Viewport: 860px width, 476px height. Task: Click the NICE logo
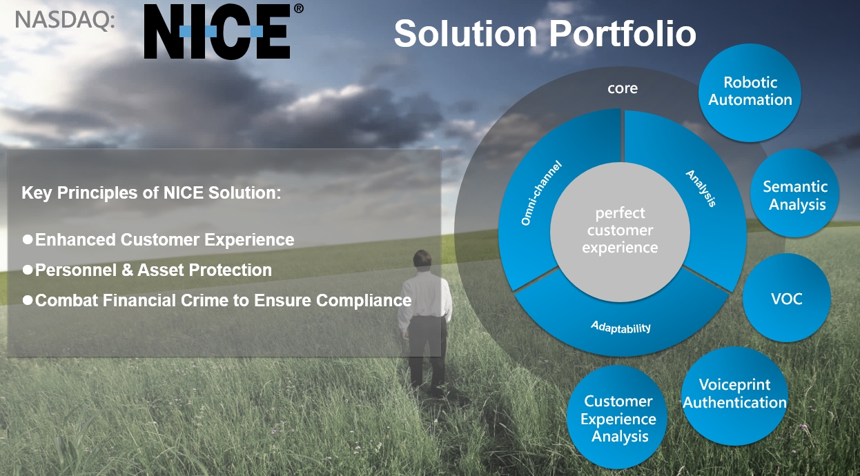217,32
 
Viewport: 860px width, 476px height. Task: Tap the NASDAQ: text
65,20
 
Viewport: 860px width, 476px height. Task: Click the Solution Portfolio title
545,34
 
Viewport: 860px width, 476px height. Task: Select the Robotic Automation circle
750,92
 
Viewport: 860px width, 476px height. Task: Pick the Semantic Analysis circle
794,193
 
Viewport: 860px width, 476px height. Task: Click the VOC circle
787,298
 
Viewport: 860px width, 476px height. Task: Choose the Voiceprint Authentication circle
735,396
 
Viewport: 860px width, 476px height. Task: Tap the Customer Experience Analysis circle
617,417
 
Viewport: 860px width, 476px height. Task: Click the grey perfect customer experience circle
620,232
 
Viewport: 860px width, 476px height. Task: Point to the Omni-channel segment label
541,193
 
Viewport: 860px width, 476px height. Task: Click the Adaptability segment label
620,327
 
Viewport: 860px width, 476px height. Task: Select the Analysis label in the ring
701,188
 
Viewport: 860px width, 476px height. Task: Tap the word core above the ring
623,89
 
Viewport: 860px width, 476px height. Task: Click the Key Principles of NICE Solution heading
151,192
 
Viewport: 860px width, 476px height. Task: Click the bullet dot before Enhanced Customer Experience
28,239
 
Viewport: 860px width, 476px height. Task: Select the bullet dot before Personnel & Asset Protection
28,270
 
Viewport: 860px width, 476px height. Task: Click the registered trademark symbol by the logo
299,8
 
